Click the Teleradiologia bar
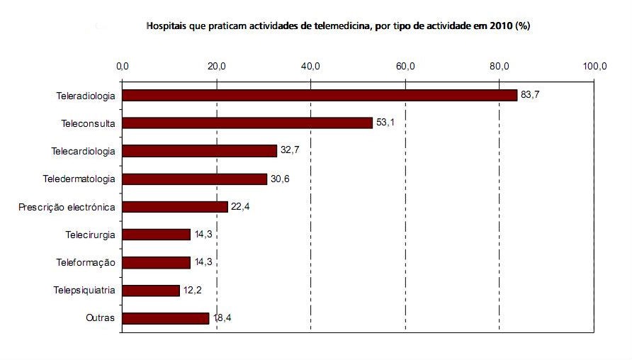(320, 95)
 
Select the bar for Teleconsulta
(247, 123)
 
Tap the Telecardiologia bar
(199, 151)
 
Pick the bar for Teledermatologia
(194, 179)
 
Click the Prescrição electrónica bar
(175, 207)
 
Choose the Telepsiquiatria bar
(151, 291)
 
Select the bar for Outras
(166, 318)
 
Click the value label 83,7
(531, 95)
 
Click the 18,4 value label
(222, 318)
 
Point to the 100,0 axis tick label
(594, 67)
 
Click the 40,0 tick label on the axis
(311, 67)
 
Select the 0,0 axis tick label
(122, 67)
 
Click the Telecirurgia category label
(90, 235)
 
